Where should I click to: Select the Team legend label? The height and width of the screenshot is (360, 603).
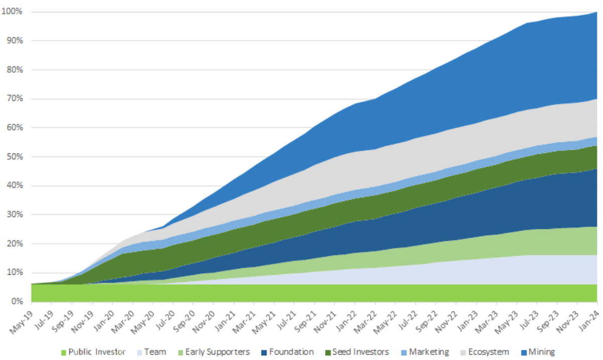tap(156, 352)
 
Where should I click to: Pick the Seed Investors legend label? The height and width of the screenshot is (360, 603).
tap(360, 352)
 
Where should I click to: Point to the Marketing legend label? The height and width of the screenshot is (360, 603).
tap(429, 352)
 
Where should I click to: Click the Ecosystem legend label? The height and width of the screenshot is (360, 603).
tap(489, 352)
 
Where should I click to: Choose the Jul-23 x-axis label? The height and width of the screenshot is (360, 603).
tap(528, 316)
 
